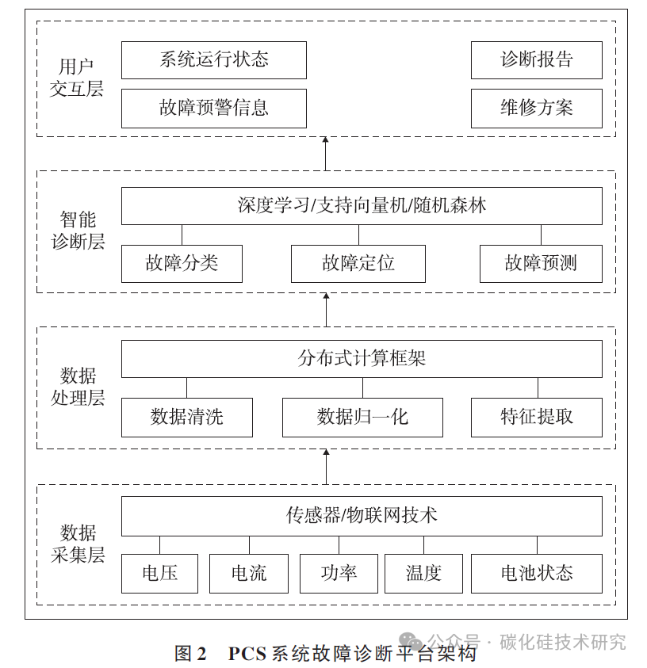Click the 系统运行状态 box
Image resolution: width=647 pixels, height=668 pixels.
(x=213, y=60)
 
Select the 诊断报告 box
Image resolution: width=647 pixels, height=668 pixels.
(x=536, y=60)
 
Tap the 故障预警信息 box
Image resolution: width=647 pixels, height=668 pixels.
(x=213, y=109)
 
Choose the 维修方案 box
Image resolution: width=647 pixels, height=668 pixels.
(x=536, y=109)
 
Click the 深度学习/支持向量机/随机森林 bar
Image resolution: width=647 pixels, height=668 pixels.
(x=362, y=206)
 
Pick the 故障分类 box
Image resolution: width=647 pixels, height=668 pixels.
(x=182, y=264)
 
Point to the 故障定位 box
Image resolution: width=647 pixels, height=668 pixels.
(x=358, y=264)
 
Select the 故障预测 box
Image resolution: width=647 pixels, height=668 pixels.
(x=541, y=264)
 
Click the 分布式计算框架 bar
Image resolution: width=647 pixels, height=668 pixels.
(x=362, y=359)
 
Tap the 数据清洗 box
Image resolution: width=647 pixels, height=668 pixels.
(x=187, y=418)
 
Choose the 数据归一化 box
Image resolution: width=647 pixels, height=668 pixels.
(x=362, y=418)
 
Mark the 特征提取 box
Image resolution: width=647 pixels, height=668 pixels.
(x=536, y=418)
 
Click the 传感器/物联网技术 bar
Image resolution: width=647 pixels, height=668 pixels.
(x=362, y=516)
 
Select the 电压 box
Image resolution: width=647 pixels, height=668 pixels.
(x=159, y=574)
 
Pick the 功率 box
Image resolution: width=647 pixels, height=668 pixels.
(x=339, y=574)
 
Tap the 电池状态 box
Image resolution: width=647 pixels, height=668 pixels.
(x=536, y=574)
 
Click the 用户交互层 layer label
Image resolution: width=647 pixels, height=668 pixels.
(x=77, y=78)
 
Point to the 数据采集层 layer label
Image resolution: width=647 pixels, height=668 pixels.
(x=77, y=544)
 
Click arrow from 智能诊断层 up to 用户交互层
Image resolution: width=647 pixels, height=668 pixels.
(x=326, y=153)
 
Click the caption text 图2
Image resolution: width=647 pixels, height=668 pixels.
(x=190, y=654)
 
